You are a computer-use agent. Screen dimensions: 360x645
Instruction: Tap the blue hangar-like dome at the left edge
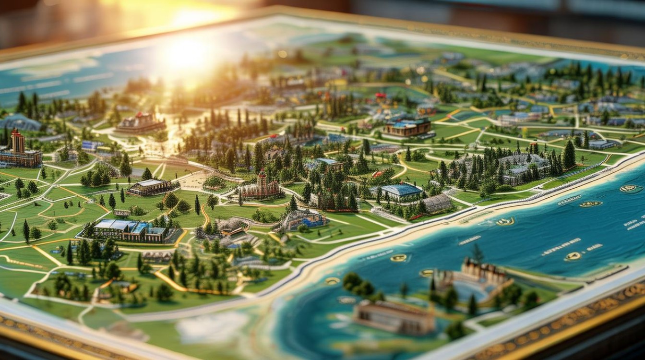pos(19,122)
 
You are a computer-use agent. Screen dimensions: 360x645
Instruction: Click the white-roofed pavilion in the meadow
pos(151,187)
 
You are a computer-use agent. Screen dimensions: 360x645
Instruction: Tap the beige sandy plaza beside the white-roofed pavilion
pos(194,181)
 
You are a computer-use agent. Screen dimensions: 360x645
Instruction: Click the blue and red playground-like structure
pos(302,220)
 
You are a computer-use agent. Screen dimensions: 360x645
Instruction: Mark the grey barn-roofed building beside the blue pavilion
pos(437,204)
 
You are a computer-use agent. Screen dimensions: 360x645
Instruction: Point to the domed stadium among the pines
pos(523,168)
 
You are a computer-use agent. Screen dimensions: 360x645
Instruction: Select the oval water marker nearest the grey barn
pos(505,222)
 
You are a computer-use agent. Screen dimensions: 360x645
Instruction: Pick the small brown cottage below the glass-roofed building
pos(156,257)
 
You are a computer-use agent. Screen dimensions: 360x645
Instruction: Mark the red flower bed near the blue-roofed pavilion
pos(379,174)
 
